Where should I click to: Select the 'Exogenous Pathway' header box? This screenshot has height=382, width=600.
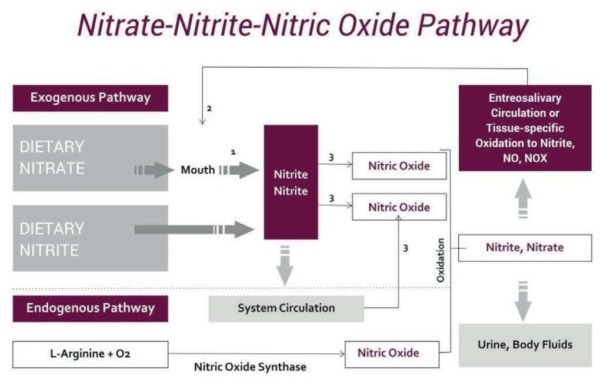point(90,98)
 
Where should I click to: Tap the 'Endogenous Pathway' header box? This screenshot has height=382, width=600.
point(90,308)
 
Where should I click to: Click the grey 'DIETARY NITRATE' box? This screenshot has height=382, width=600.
point(90,158)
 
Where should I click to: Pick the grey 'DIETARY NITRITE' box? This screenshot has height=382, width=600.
point(90,238)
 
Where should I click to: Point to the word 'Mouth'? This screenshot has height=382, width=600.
point(198,171)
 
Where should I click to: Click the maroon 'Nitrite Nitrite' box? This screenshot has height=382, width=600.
point(291,182)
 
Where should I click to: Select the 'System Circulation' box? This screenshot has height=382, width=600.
point(286,308)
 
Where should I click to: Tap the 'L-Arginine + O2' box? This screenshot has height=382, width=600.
point(90,354)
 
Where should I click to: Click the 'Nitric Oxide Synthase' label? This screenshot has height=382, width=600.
point(250,367)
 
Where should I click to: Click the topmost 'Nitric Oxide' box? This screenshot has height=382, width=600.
point(399,166)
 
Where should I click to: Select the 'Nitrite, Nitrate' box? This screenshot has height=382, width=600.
point(524,247)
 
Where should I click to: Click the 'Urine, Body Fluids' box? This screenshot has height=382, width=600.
point(524,345)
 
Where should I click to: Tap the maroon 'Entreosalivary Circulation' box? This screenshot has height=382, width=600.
point(524,128)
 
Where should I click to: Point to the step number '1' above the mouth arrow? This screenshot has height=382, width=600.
point(233,152)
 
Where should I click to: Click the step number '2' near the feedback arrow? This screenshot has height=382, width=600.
point(209,109)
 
